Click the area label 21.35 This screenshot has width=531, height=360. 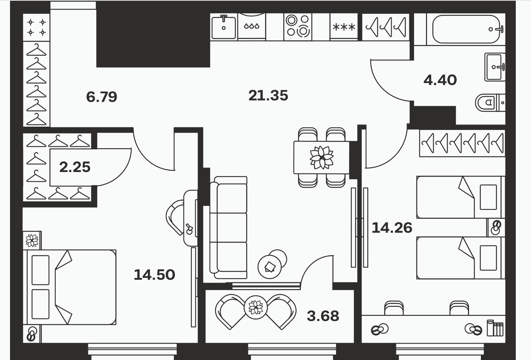click(268, 95)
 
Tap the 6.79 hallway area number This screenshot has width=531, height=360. click(101, 97)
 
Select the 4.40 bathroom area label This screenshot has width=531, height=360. click(440, 80)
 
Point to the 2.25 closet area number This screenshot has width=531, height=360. click(75, 167)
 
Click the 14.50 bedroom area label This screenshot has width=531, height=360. click(154, 275)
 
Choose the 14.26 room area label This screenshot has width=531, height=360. click(392, 228)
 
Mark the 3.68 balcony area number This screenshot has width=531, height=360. click(323, 316)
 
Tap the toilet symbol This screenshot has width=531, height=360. click(490, 103)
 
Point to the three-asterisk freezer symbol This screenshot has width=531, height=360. click(344, 27)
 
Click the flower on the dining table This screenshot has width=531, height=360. click(322, 158)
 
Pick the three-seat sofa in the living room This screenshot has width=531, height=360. click(228, 227)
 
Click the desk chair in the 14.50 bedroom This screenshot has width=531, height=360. click(175, 217)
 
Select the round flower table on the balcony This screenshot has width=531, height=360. click(256, 307)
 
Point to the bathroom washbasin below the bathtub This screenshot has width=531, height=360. click(495, 67)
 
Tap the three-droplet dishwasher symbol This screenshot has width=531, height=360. click(251, 26)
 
